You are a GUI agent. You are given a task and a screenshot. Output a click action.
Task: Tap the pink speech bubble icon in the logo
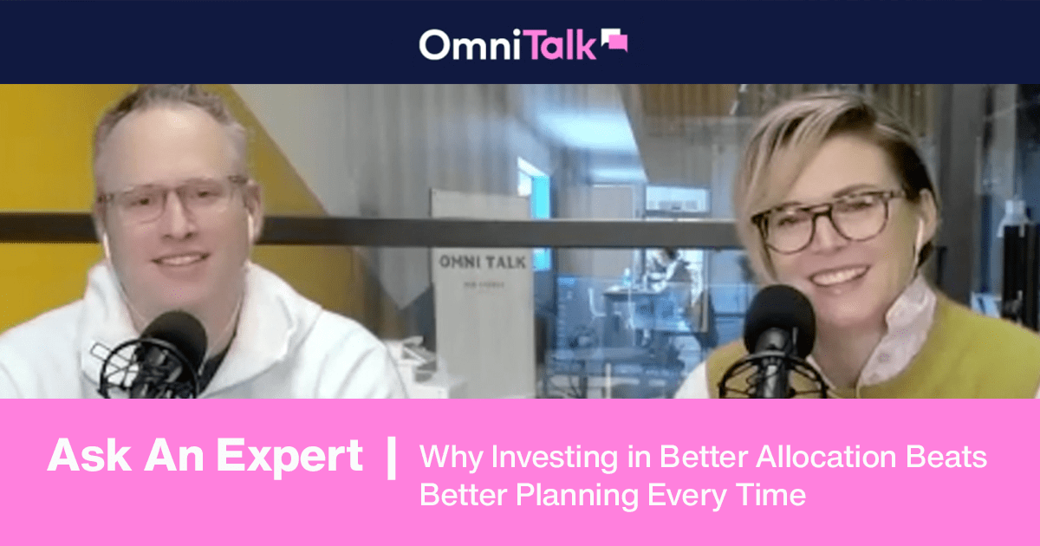coord(613,41)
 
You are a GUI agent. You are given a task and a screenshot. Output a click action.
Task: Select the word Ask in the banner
coord(81,457)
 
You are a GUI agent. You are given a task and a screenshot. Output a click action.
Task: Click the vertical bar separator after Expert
coord(391,457)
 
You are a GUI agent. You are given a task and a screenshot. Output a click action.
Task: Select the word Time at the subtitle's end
coord(770,496)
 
